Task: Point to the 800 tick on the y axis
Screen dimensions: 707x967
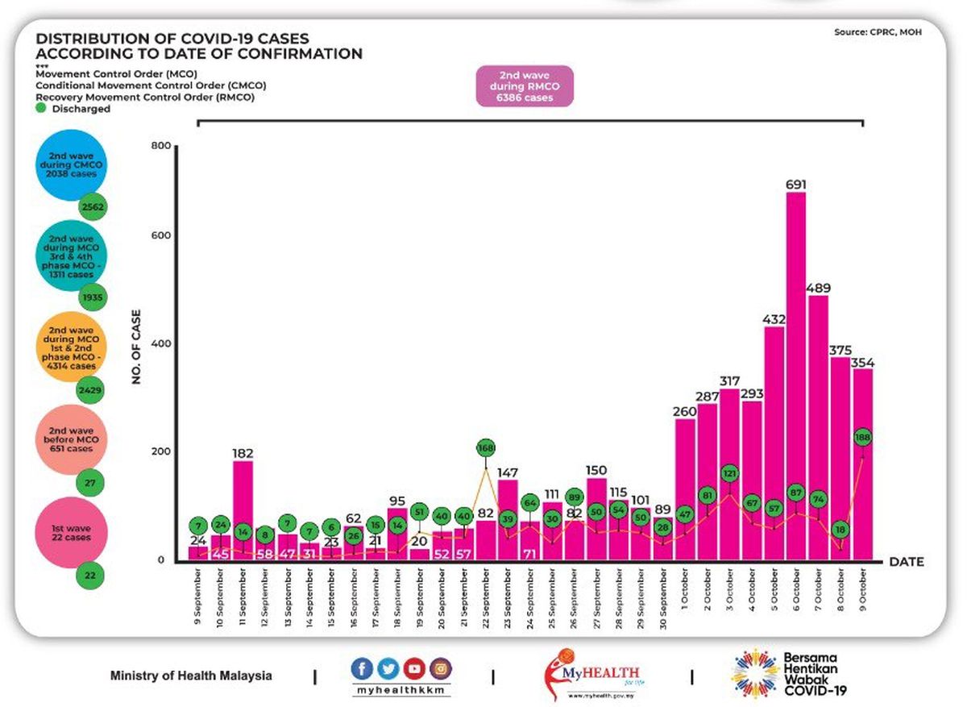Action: [x=162, y=146]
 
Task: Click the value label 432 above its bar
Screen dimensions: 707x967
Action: [x=774, y=318]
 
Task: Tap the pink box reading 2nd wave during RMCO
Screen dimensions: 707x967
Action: [x=525, y=86]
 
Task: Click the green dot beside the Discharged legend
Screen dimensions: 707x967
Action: [x=41, y=108]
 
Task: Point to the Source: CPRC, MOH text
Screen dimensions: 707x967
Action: [x=878, y=32]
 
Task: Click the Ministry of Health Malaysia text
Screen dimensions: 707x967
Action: [x=191, y=676]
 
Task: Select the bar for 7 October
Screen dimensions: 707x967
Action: [x=818, y=427]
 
